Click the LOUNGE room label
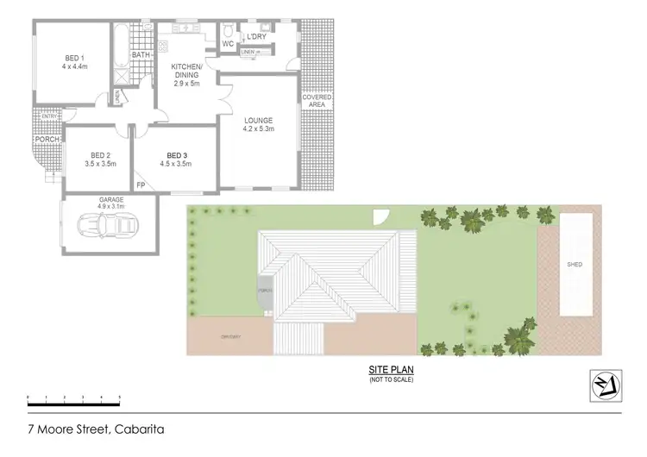click(x=259, y=120)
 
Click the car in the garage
click(x=108, y=225)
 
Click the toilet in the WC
click(x=227, y=31)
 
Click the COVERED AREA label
click(x=318, y=101)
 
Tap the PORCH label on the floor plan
click(x=47, y=138)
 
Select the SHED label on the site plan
click(x=575, y=265)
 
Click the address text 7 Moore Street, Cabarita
click(x=96, y=429)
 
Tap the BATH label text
click(x=141, y=54)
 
